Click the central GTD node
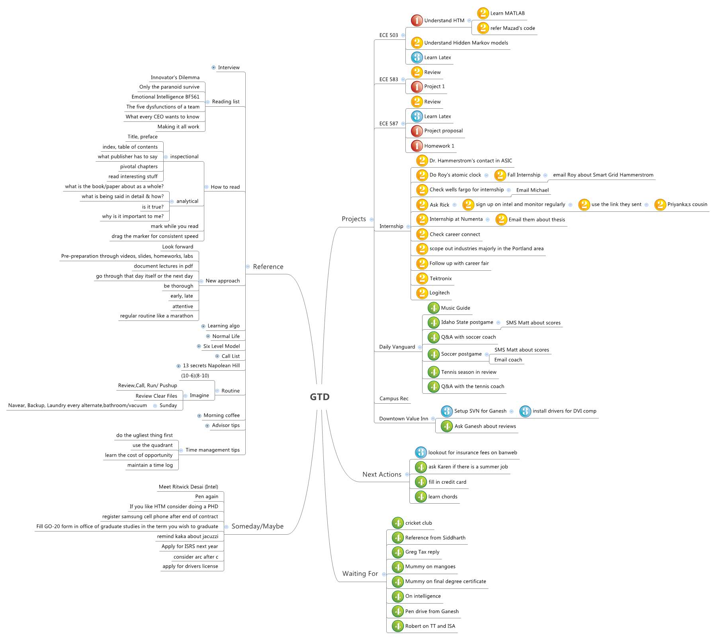click(x=319, y=397)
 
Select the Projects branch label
click(x=354, y=219)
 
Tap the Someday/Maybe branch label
click(x=257, y=526)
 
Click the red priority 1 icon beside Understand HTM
click(x=417, y=20)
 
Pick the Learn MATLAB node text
click(x=507, y=13)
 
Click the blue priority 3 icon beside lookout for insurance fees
click(x=421, y=452)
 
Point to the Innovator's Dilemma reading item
click(x=175, y=77)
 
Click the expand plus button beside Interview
click(x=214, y=68)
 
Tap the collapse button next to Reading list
click(x=207, y=102)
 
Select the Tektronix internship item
click(x=440, y=278)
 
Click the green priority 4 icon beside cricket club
click(x=397, y=523)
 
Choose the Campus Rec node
click(x=393, y=399)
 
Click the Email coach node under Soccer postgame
click(x=508, y=360)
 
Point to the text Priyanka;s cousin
click(x=687, y=204)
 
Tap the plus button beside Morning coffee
click(x=199, y=416)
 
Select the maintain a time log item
click(x=150, y=465)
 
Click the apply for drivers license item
click(x=190, y=566)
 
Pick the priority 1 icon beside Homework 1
click(x=417, y=146)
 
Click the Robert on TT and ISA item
click(x=430, y=626)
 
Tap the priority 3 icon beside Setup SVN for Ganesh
click(x=446, y=411)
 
